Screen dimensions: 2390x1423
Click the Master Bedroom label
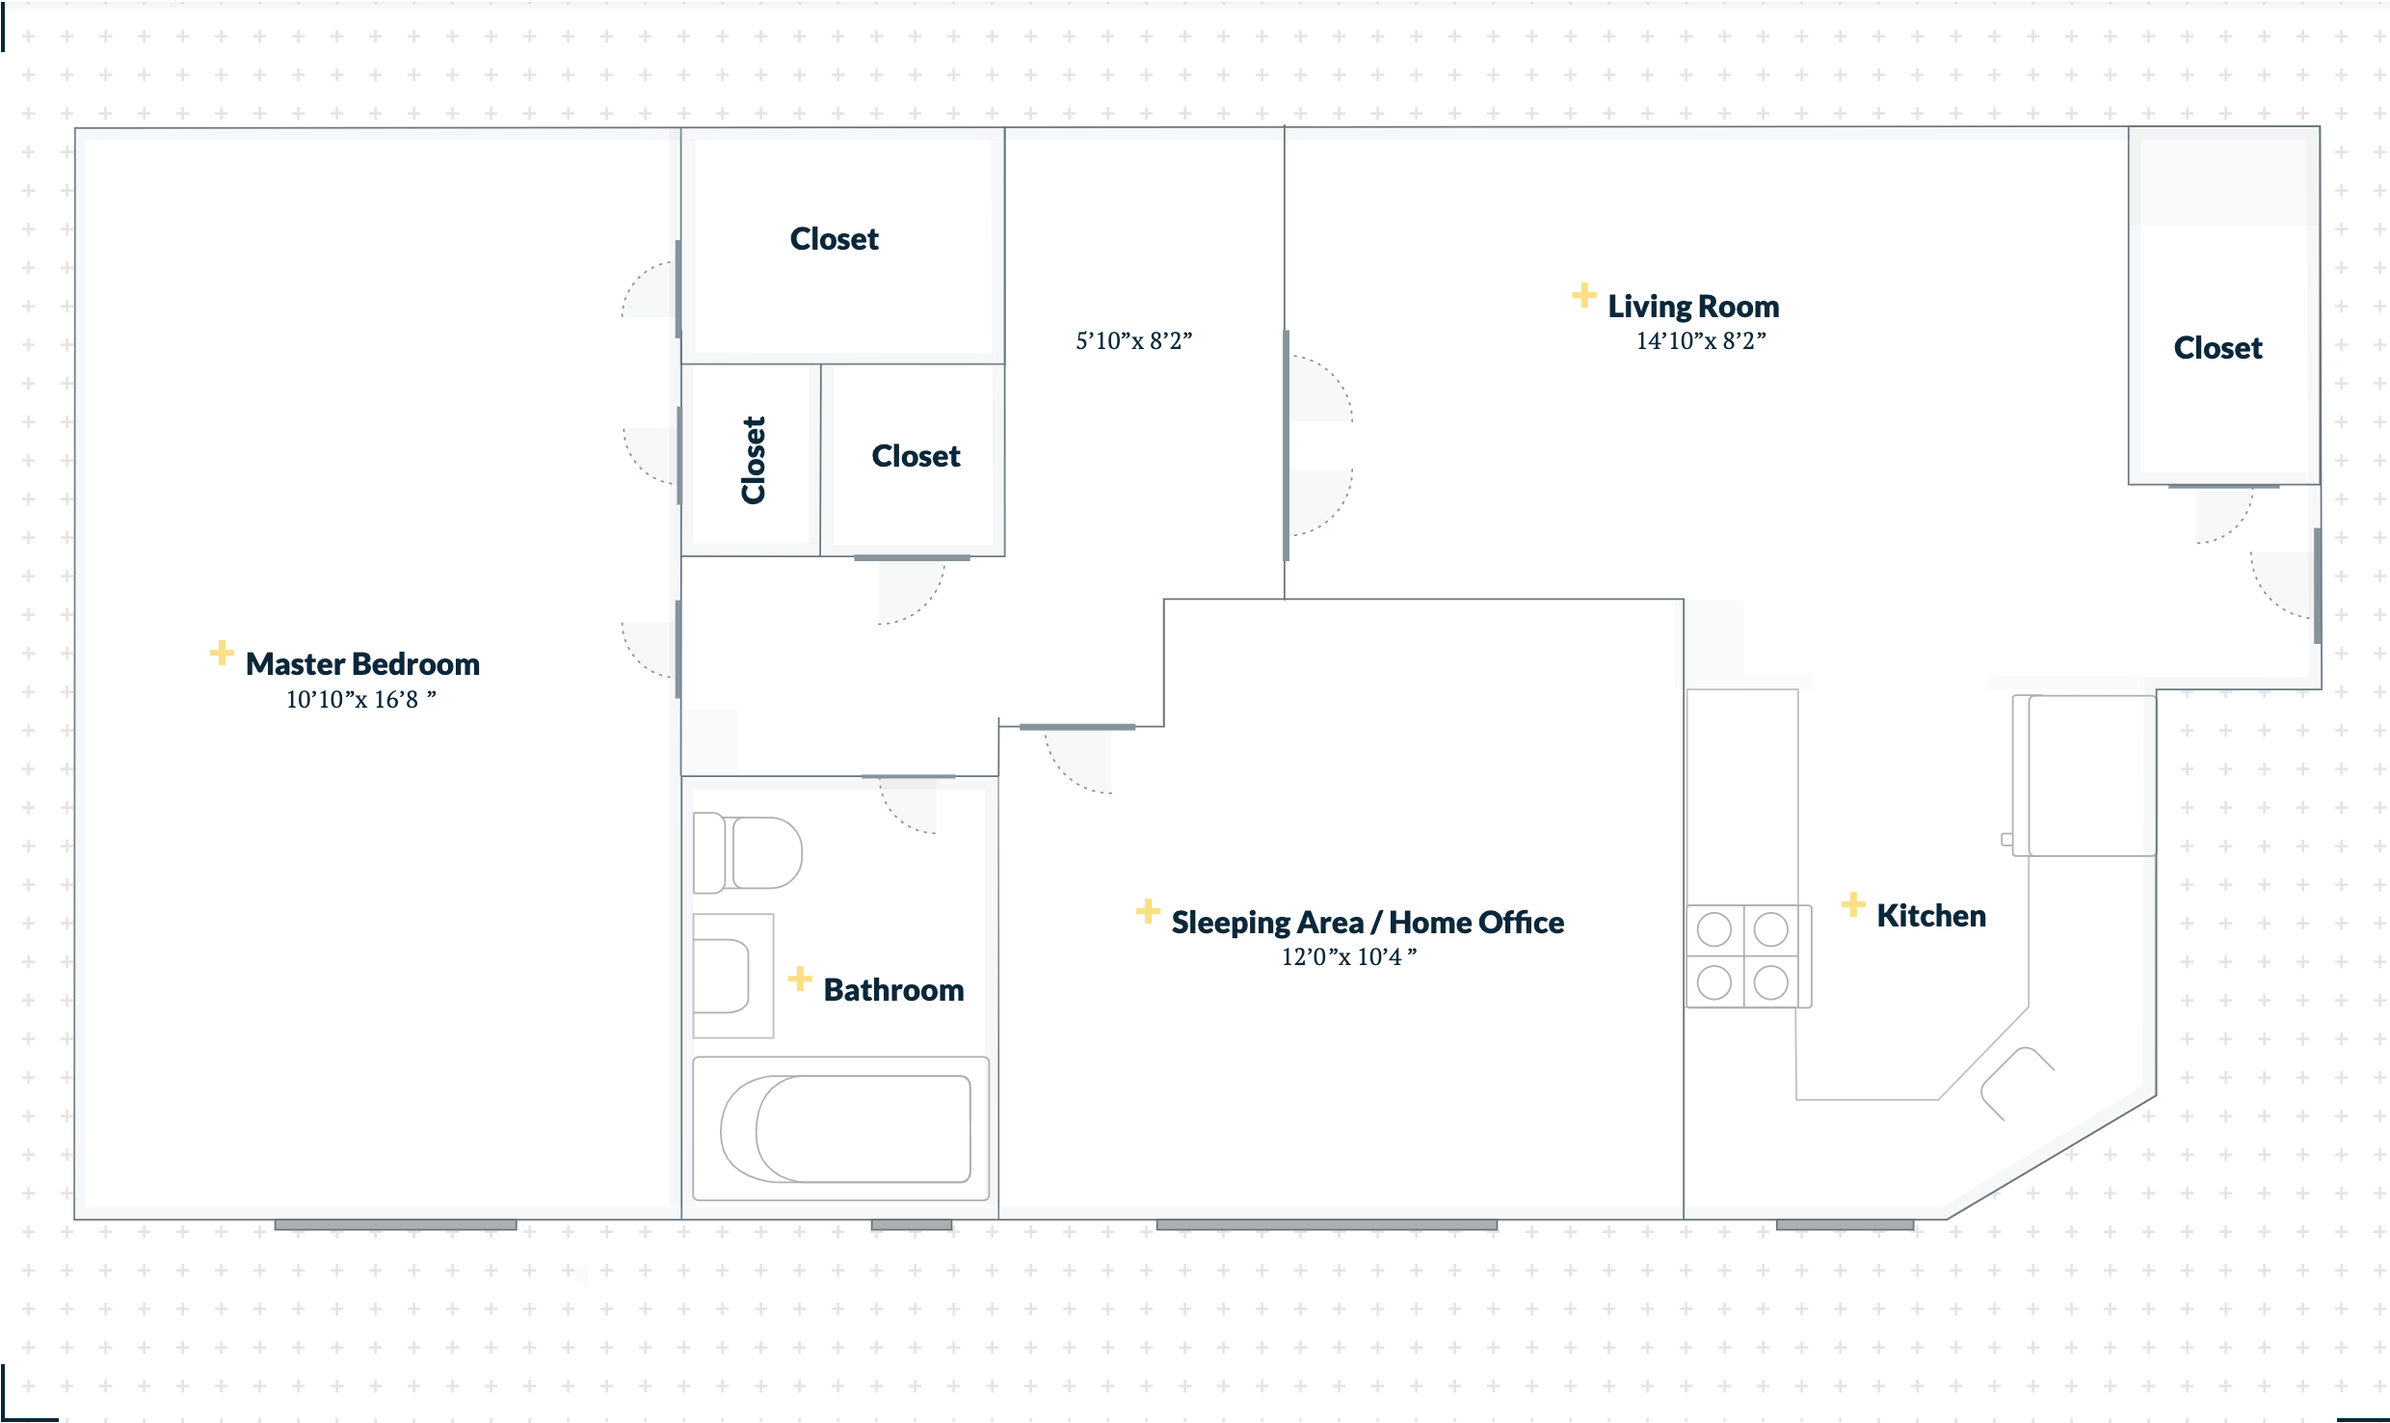[x=362, y=664]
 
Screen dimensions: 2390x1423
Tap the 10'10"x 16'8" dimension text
[x=360, y=699]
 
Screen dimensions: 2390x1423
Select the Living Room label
[x=1693, y=307]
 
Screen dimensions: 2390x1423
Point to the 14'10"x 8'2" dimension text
[x=1701, y=340]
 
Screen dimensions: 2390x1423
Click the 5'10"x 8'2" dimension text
[x=1134, y=340]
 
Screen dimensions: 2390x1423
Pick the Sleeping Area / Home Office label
[x=1368, y=923]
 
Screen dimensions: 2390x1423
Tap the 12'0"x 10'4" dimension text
[x=1349, y=956]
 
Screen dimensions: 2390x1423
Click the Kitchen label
[x=1931, y=916]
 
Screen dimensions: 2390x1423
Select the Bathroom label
[x=893, y=990]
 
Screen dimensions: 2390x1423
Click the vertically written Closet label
[x=753, y=460]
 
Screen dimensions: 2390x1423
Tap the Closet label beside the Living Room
[x=2217, y=348]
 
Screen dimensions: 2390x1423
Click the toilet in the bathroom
[x=747, y=852]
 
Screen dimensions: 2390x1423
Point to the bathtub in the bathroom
[x=841, y=1129]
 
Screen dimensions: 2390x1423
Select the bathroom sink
[x=732, y=976]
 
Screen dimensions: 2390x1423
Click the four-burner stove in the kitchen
[x=1748, y=956]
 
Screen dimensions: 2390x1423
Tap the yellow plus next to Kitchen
[x=1852, y=904]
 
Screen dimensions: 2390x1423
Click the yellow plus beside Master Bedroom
[x=222, y=653]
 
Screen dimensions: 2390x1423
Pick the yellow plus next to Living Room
[x=1583, y=295]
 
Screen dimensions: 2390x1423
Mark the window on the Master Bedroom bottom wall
[x=395, y=1224]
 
